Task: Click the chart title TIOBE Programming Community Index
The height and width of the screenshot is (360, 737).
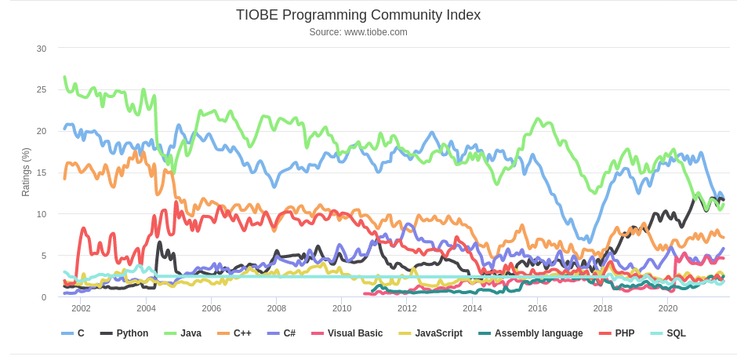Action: [x=358, y=15]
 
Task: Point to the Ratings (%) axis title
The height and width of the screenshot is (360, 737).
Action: [x=26, y=172]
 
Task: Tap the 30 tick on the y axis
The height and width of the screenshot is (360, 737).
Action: [x=42, y=49]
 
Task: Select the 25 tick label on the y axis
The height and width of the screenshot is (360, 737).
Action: [x=42, y=89]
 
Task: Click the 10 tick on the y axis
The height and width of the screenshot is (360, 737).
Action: [x=42, y=214]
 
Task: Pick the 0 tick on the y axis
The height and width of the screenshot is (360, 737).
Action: [x=44, y=297]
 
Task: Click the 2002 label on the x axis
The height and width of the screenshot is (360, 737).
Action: [x=81, y=309]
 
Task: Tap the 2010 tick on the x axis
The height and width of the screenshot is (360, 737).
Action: [x=342, y=309]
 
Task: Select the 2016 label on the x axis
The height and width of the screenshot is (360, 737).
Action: [x=537, y=309]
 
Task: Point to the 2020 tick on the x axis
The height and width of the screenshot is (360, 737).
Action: [x=667, y=309]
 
